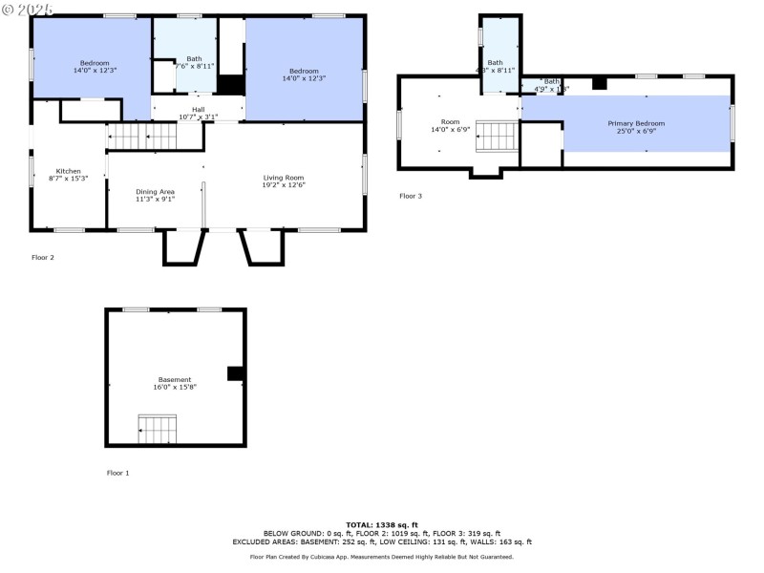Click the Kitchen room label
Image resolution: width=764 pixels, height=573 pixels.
click(x=68, y=170)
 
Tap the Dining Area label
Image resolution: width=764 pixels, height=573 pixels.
click(x=154, y=191)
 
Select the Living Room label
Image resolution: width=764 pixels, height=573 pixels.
click(x=284, y=178)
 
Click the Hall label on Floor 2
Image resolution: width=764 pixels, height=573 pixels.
click(x=198, y=110)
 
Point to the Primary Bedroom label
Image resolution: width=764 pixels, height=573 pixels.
click(x=636, y=123)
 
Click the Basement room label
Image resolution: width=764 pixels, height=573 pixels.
click(x=175, y=379)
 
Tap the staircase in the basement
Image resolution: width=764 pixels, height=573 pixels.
click(x=158, y=429)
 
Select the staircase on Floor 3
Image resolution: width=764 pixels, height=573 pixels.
click(x=497, y=137)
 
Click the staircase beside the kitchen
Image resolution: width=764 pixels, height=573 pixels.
click(x=141, y=137)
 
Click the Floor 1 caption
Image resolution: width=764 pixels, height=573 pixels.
click(x=117, y=473)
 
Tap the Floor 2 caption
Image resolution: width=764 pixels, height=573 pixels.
click(x=44, y=257)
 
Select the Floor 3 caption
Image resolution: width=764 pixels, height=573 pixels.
click(x=411, y=196)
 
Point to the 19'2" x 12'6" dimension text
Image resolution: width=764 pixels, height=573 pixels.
click(x=284, y=185)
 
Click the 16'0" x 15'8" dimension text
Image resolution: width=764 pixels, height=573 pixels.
click(x=175, y=387)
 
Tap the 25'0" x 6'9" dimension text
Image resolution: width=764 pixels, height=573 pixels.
click(x=636, y=131)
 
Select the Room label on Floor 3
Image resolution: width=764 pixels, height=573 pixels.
click(x=450, y=121)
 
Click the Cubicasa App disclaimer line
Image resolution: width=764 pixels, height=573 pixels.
click(x=382, y=557)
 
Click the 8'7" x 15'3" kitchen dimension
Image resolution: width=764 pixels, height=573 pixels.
click(x=68, y=179)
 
